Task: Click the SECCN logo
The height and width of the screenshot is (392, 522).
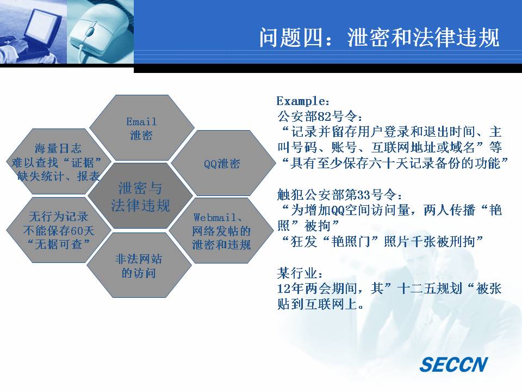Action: click(453, 364)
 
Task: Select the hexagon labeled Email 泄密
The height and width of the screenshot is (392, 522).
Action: click(142, 127)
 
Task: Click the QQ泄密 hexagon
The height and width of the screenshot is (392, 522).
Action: click(223, 163)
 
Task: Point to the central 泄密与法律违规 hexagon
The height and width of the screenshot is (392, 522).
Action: click(140, 196)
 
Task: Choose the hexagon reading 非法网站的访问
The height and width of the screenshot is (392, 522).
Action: click(139, 265)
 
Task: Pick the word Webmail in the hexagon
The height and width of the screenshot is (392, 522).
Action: click(215, 218)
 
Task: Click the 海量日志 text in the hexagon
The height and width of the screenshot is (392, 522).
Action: click(58, 148)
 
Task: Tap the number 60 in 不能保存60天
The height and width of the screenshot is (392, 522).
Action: click(76, 231)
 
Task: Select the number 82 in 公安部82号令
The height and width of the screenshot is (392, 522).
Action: click(325, 117)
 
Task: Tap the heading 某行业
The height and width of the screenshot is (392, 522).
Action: click(297, 273)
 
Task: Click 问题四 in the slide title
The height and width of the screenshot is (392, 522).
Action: click(290, 38)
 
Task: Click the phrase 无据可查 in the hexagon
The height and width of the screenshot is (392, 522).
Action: click(59, 244)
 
